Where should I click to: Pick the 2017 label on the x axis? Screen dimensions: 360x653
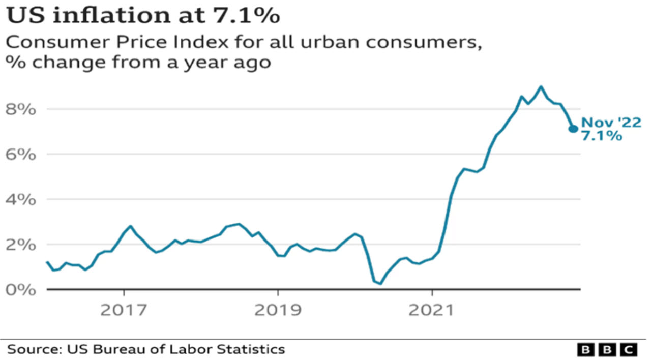coord(124,310)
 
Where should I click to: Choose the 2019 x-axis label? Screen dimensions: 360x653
coord(278,310)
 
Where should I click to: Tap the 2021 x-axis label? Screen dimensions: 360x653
coord(432,310)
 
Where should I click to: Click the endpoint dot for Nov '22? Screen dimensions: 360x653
coord(573,129)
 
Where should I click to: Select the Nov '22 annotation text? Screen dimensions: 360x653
coord(611,123)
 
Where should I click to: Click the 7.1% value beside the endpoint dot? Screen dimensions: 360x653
coord(602,136)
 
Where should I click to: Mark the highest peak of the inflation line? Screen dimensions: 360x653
coord(541,86)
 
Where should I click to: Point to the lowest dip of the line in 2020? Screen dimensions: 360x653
coord(380,283)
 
